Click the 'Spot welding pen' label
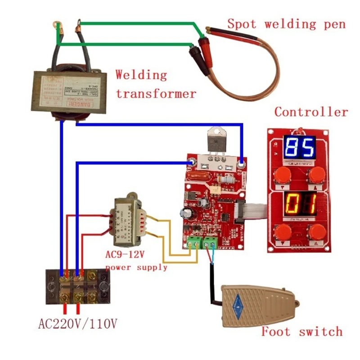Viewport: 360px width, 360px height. point(286,24)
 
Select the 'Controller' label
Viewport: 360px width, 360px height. point(311,112)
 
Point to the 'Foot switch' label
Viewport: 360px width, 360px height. point(302,332)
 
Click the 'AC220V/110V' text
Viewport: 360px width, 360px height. point(79,323)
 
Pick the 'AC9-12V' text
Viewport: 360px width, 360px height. point(125,255)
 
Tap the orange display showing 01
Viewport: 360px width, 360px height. point(299,203)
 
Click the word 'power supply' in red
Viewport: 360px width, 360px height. point(136,268)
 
